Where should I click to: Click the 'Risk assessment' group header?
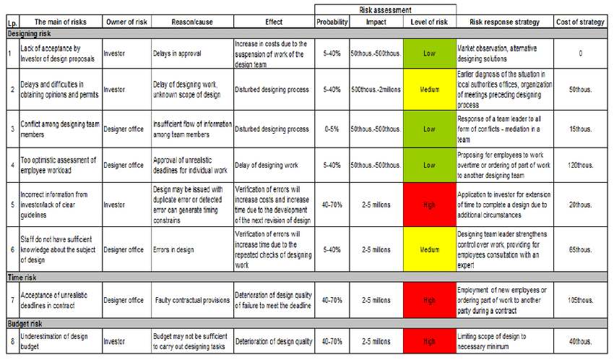click(385, 9)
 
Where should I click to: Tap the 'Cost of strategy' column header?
click(580, 22)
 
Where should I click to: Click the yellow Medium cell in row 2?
click(429, 90)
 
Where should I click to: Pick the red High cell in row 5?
click(429, 205)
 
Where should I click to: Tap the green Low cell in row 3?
click(429, 129)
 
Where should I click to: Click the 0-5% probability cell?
click(332, 129)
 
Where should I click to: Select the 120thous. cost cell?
click(580, 166)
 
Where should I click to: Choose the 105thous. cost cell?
click(580, 300)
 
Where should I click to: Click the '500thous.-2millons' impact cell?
click(376, 90)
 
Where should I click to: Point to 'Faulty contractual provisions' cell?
click(191, 300)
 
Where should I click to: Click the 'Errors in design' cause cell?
click(173, 250)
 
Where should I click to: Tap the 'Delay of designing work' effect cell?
click(266, 166)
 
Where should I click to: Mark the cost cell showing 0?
click(580, 53)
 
